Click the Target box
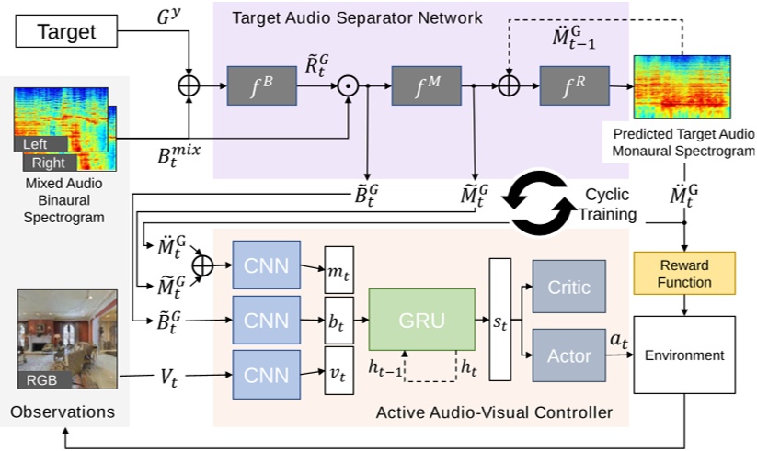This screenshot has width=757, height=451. (66, 33)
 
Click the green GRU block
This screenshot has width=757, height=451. (422, 319)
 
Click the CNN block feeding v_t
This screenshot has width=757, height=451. (267, 374)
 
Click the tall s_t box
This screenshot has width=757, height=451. (500, 320)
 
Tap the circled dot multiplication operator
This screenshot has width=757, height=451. (350, 87)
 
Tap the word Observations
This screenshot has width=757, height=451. (63, 412)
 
